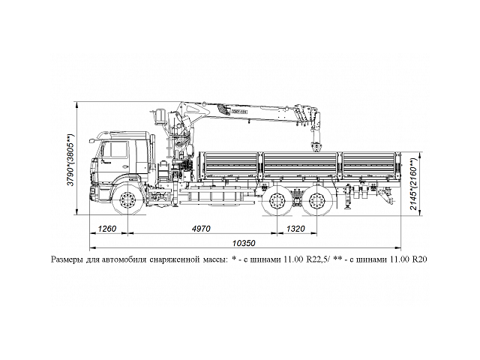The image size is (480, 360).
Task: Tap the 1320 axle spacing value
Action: (296, 229)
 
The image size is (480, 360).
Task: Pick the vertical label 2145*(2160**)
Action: (415, 184)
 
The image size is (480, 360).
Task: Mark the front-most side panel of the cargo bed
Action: (228, 163)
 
